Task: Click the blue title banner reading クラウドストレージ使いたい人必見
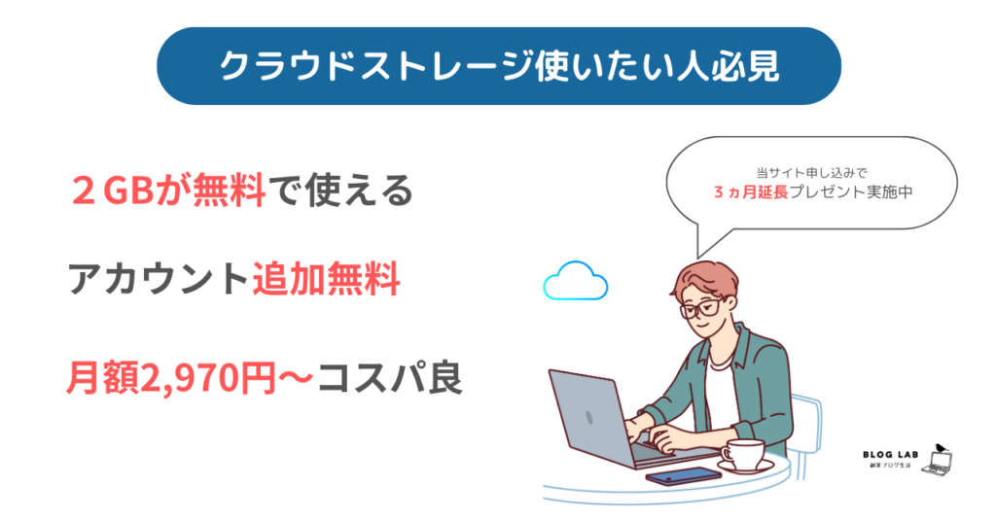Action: tap(499, 66)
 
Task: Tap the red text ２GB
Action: tap(114, 191)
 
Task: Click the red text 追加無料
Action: tap(327, 279)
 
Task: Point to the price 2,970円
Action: tap(207, 379)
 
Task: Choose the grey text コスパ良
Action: tap(389, 379)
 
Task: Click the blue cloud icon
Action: tap(576, 281)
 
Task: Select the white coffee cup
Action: tap(744, 453)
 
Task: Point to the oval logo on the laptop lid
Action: tap(589, 417)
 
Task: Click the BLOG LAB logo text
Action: tap(891, 454)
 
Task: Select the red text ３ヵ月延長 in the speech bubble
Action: tap(751, 191)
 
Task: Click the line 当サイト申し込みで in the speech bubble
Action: tap(812, 173)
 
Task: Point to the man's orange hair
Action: tap(704, 275)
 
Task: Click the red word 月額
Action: tap(102, 379)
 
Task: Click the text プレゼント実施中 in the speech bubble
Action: tap(851, 191)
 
